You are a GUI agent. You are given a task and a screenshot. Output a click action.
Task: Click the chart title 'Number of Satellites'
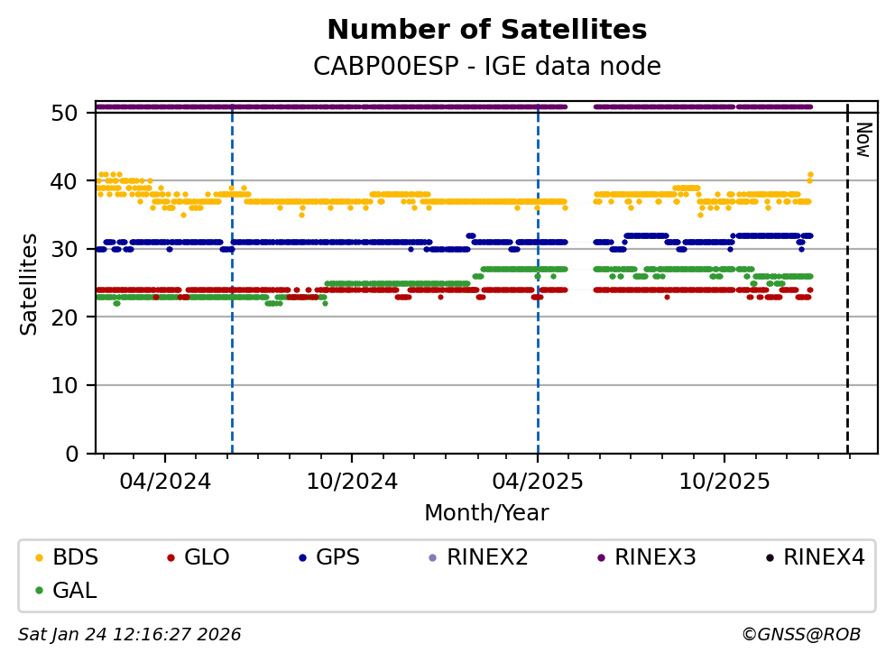(x=486, y=30)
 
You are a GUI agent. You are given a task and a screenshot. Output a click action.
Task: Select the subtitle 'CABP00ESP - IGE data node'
(x=486, y=67)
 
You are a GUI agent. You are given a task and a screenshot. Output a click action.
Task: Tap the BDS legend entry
(x=75, y=557)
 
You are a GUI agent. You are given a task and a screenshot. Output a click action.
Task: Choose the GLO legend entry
(x=207, y=557)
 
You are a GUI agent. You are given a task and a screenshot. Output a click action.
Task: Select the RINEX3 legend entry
(x=655, y=557)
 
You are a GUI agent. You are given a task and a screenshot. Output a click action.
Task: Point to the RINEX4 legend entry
(x=824, y=557)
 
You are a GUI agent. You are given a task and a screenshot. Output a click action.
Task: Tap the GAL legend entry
(x=75, y=591)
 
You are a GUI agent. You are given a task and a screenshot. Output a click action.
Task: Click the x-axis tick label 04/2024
(x=164, y=481)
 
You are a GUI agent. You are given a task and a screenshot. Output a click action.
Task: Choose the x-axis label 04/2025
(x=538, y=481)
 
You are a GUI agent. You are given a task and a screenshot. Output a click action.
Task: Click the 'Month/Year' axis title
(x=486, y=513)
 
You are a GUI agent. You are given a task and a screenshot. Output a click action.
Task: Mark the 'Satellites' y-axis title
(x=30, y=283)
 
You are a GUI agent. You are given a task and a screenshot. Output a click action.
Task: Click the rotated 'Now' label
(x=863, y=140)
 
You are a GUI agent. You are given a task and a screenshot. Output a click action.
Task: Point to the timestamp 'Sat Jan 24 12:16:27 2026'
(x=130, y=635)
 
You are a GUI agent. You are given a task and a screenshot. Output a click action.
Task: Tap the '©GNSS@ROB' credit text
(x=801, y=635)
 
